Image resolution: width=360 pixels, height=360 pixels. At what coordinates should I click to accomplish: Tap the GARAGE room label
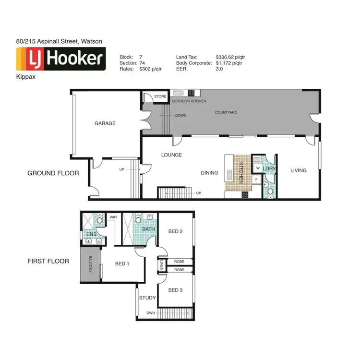tap(105, 123)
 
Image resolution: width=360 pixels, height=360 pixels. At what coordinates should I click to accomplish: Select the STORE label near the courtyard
tap(160, 96)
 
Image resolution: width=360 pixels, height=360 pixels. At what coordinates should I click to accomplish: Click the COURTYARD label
tap(226, 112)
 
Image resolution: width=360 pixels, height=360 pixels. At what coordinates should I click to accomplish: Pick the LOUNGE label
tap(171, 155)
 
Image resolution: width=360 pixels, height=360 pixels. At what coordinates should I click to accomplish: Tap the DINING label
tap(209, 173)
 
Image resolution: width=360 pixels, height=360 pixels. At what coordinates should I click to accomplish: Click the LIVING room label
tap(298, 170)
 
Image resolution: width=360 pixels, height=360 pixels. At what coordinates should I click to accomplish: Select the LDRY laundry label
tap(269, 168)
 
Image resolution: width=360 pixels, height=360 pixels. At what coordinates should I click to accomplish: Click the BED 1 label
tap(122, 264)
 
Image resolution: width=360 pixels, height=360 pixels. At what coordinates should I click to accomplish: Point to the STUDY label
tap(147, 298)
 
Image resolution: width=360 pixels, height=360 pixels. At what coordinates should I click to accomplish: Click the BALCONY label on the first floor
tap(90, 264)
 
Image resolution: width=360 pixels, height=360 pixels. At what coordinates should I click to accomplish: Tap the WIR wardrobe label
tap(114, 217)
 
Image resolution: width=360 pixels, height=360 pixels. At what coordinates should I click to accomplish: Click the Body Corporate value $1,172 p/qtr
tap(229, 63)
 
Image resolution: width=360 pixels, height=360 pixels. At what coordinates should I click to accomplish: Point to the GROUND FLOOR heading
tap(53, 173)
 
